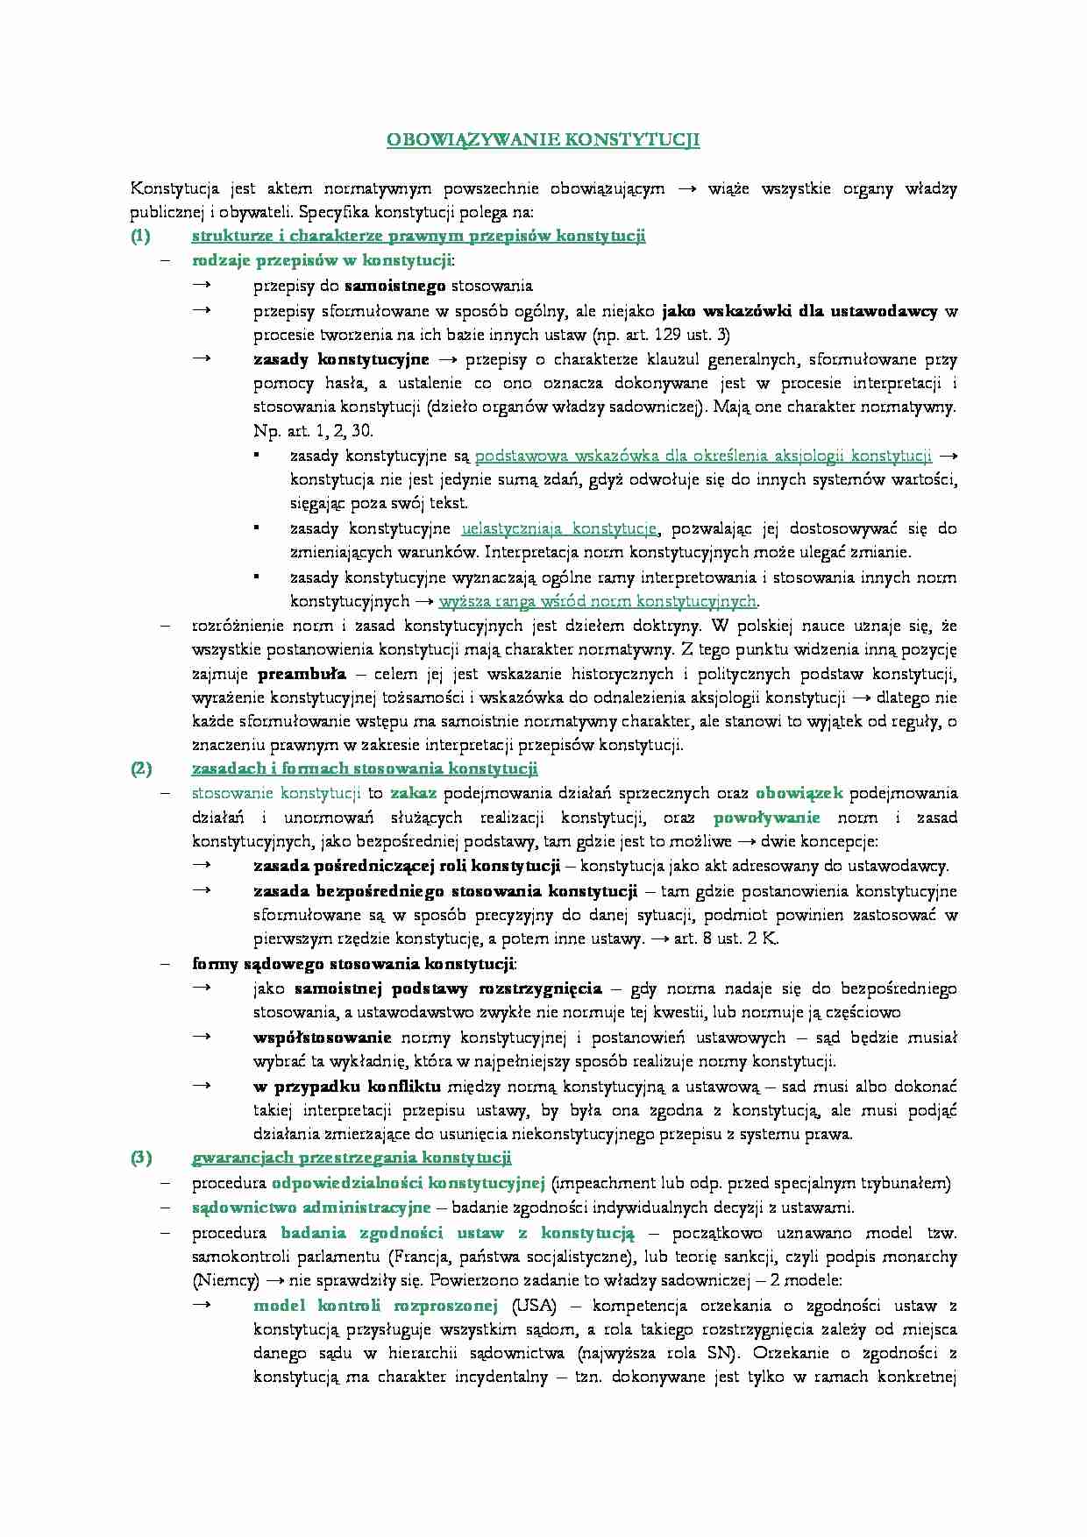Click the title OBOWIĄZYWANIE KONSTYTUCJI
tap(543, 140)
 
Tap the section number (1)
tap(141, 236)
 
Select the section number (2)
tap(141, 768)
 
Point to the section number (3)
tap(141, 1158)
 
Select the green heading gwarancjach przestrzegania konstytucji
tap(351, 1158)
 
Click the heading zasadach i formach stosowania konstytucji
tap(364, 768)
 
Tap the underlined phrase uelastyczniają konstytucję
tap(558, 528)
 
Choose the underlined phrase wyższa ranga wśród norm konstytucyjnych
tap(597, 601)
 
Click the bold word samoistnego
tap(394, 285)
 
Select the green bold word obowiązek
tap(799, 793)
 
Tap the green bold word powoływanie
tap(767, 818)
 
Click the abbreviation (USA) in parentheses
tap(534, 1306)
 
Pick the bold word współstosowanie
tap(323, 1038)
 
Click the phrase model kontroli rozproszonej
tap(375, 1306)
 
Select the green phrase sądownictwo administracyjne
tap(311, 1208)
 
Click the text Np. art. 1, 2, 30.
tap(313, 430)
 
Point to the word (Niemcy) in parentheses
tap(225, 1280)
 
